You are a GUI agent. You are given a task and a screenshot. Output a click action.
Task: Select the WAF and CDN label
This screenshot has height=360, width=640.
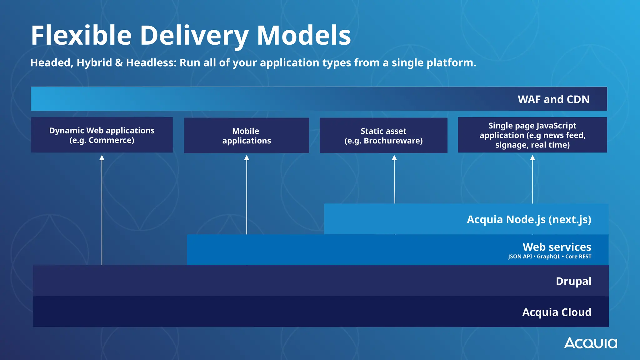click(553, 99)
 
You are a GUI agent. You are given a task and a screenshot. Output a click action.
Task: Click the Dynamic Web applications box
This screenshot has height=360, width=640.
click(102, 135)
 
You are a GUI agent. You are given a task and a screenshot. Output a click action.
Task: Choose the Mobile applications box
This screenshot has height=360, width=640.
click(247, 136)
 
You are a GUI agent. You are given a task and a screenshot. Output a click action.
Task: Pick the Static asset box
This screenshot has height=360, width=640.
click(383, 136)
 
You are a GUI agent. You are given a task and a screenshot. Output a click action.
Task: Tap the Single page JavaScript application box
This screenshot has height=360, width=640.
click(532, 135)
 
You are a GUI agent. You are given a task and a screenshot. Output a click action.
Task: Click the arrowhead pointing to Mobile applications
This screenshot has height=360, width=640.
click(247, 158)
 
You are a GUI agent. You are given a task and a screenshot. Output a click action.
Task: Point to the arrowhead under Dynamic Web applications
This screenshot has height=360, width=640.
click(102, 158)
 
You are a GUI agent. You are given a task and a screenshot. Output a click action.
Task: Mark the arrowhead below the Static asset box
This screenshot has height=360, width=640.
click(394, 158)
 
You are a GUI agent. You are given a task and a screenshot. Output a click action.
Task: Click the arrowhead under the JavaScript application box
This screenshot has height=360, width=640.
click(532, 158)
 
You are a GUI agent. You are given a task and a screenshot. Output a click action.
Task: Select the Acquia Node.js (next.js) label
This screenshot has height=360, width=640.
click(529, 219)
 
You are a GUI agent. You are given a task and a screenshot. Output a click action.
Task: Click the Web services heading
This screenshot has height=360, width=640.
click(557, 247)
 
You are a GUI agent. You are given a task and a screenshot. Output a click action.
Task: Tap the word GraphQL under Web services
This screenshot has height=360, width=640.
click(548, 257)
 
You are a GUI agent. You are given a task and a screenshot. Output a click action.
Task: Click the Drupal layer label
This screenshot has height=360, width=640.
click(573, 281)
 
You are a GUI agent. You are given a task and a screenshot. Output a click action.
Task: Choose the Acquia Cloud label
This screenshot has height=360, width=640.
click(557, 312)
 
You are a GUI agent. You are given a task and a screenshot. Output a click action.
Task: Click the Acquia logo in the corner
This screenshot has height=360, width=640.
click(590, 343)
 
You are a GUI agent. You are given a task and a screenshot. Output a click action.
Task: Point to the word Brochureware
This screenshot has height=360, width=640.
click(393, 141)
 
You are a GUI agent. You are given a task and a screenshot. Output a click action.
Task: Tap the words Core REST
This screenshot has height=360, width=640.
click(578, 257)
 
